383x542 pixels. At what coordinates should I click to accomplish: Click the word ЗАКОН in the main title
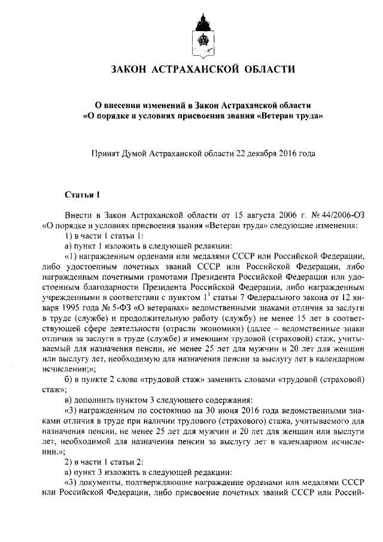pos(131,70)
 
